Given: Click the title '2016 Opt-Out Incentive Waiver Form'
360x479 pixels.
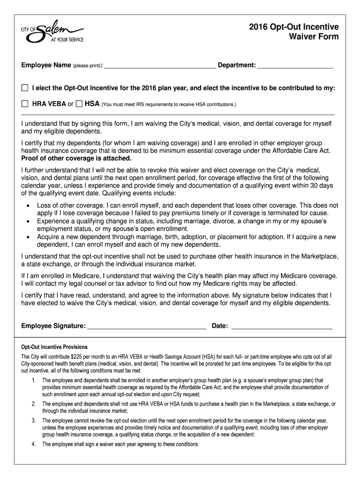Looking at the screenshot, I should click(295, 32).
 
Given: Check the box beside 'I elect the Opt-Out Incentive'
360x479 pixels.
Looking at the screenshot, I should click(25, 88).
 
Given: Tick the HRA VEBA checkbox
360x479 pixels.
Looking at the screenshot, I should click(25, 103).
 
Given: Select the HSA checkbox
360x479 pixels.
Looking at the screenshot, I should click(79, 103).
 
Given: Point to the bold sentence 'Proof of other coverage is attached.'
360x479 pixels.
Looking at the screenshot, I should click(76, 159).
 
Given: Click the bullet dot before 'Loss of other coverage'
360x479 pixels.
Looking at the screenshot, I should click(29, 205).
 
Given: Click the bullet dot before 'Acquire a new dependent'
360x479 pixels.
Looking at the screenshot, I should click(29, 237).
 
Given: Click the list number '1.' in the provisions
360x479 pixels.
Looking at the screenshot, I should click(34, 380).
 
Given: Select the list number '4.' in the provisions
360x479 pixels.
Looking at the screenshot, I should click(34, 444).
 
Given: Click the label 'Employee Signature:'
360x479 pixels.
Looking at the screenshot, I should click(53, 326).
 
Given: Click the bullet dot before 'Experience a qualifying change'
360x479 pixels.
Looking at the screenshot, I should click(29, 221).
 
